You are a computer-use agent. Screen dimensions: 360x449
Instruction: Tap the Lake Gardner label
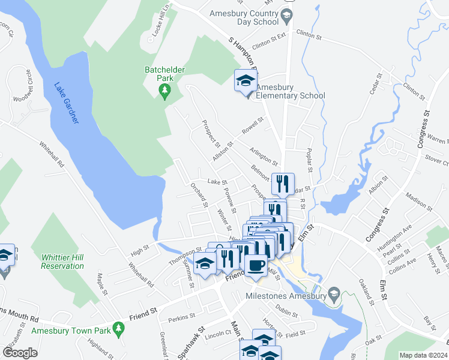[x=67, y=103]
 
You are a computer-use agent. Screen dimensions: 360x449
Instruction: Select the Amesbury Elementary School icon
[x=245, y=81]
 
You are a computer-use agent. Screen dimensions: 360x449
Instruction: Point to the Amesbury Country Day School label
[x=244, y=17]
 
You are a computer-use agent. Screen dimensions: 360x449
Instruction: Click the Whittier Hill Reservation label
[x=62, y=262]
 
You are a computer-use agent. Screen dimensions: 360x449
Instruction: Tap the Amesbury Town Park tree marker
[x=119, y=328]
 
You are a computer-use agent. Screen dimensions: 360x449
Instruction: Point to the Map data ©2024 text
[x=422, y=355]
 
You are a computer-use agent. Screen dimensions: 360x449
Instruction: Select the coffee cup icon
[x=256, y=265]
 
